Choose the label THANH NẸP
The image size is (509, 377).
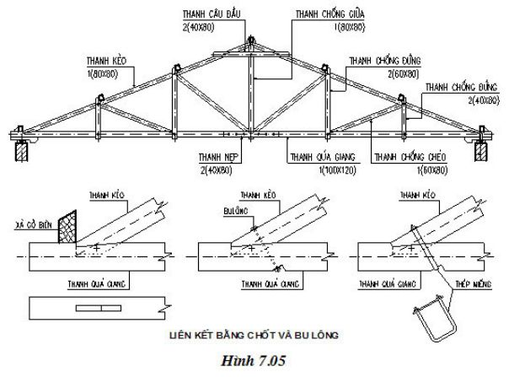click(214, 157)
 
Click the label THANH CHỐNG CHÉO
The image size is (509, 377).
click(408, 157)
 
